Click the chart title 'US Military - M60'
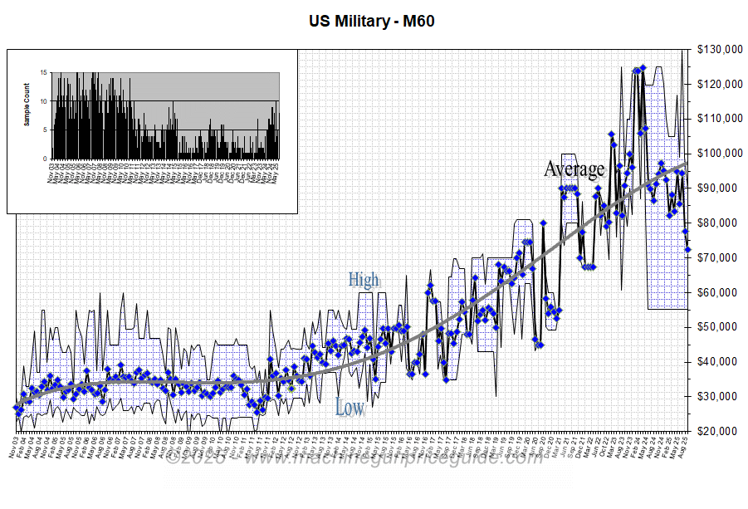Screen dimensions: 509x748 coord(372,21)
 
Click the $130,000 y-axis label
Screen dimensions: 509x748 coord(720,50)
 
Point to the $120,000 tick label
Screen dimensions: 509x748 coord(720,84)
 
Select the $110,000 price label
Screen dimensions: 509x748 coord(720,119)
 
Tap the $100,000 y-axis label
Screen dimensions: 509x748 coord(720,154)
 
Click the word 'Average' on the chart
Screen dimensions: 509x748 coord(574,169)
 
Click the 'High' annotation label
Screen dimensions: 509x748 coord(363,280)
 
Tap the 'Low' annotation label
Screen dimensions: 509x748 coord(350,407)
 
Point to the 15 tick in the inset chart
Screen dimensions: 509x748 coord(45,73)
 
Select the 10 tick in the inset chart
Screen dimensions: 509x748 coord(45,101)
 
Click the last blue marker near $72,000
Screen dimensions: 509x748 coord(687,249)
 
